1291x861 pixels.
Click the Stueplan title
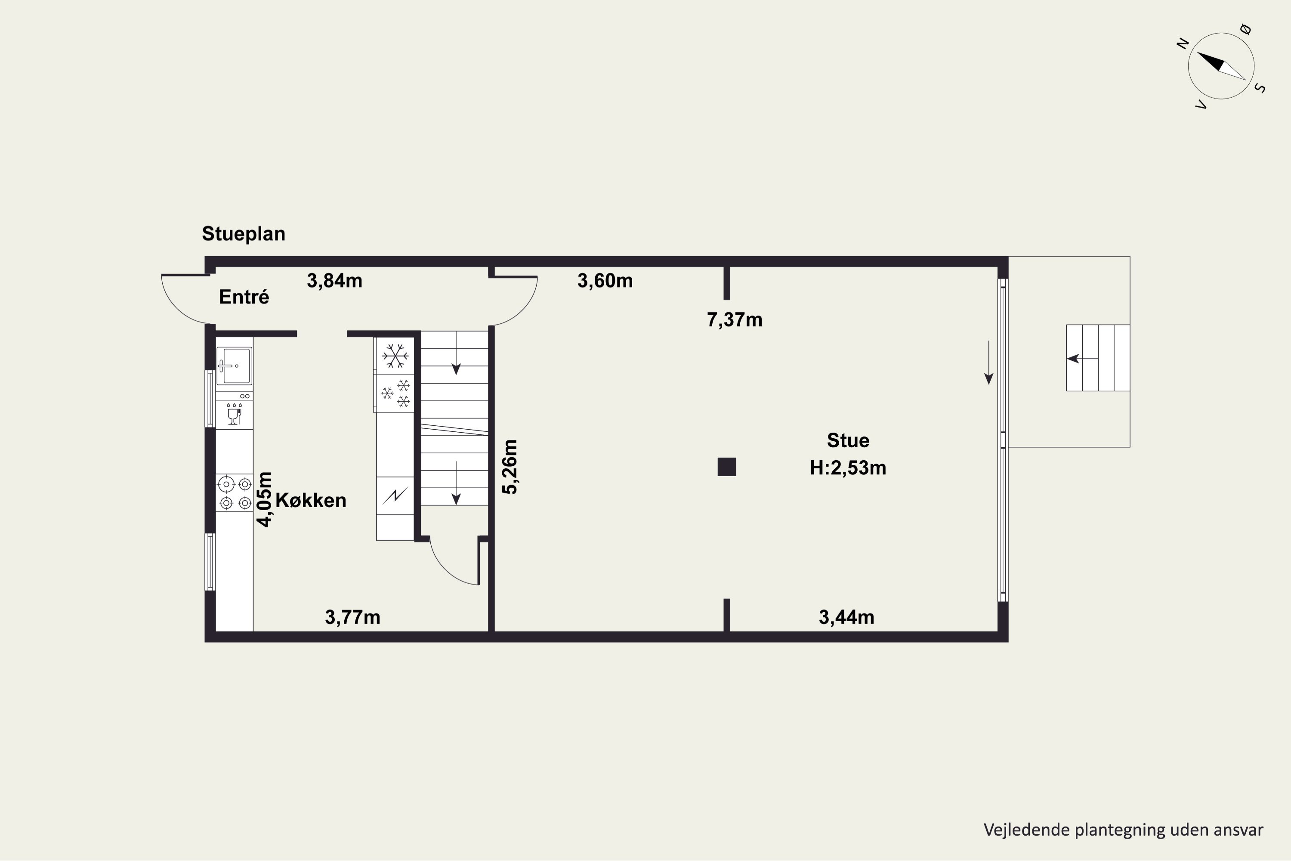(x=244, y=234)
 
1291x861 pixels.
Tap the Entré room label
(x=244, y=297)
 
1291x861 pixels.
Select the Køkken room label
(x=311, y=500)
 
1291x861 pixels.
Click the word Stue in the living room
(x=848, y=440)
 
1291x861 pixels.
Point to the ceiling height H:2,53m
(x=848, y=468)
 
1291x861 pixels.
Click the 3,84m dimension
(x=334, y=281)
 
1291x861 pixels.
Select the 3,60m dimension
(x=605, y=281)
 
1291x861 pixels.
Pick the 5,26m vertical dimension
(x=510, y=467)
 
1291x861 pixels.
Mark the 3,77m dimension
(x=352, y=617)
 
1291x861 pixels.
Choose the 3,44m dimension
(x=846, y=617)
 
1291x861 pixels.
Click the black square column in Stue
(x=727, y=467)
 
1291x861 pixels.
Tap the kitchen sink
(x=235, y=365)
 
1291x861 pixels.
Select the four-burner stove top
(x=235, y=493)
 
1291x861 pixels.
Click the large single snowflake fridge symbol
(x=395, y=356)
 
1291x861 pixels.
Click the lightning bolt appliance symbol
(x=395, y=496)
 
